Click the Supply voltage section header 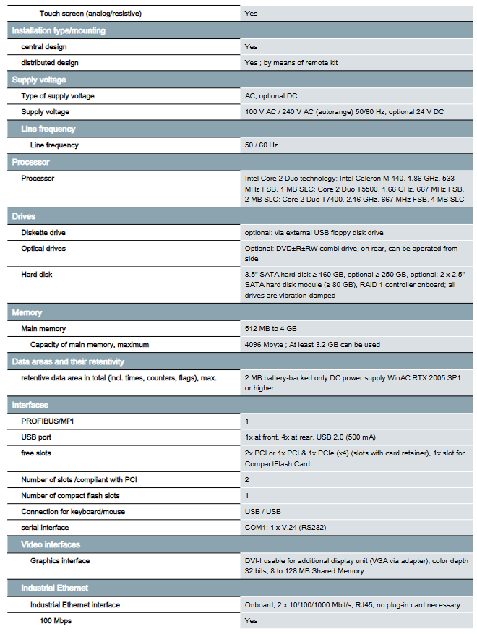pos(39,80)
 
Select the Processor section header pos(31,163)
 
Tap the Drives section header pos(24,216)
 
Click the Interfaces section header pos(31,406)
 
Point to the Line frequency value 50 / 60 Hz pos(262,145)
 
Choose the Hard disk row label pos(37,275)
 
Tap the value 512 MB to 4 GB pos(271,329)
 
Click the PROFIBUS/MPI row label pos(48,421)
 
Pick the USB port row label pos(36,437)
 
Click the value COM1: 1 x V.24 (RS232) pos(285,528)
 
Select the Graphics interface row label pos(60,561)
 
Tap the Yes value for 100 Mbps pos(251,621)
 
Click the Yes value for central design pos(251,47)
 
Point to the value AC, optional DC pos(271,96)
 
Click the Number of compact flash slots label pos(71,496)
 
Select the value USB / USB pos(262,512)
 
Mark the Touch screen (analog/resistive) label pos(90,14)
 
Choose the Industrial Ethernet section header pos(55,588)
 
